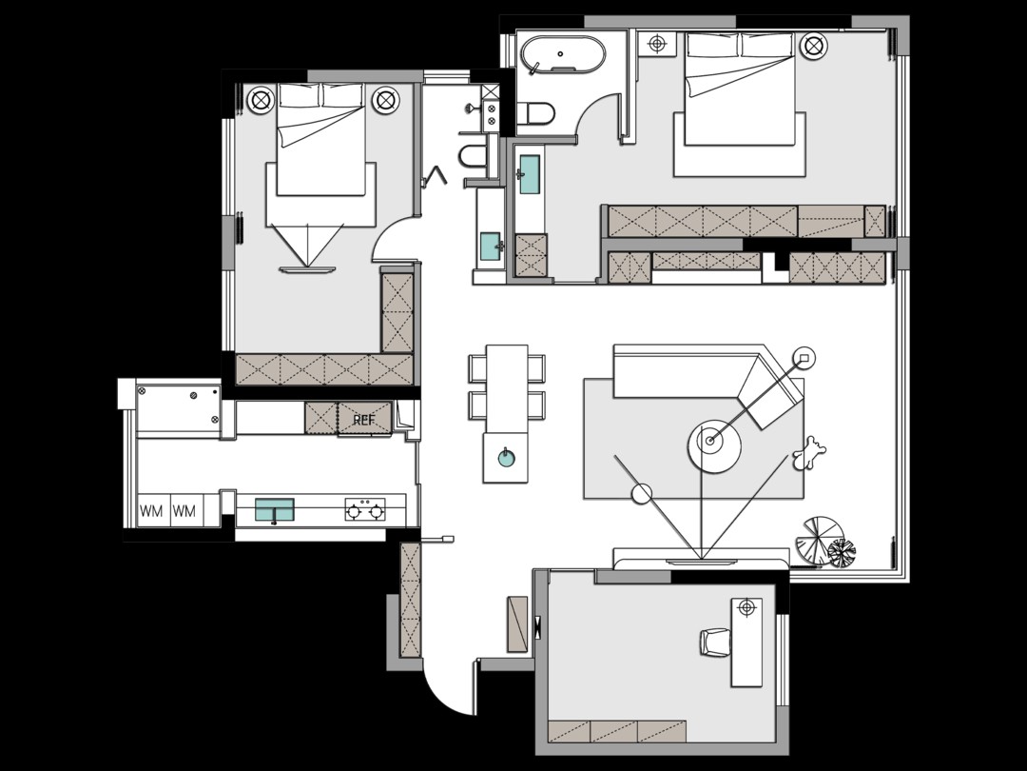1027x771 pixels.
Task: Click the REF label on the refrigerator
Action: [363, 420]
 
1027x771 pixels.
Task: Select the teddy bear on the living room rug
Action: [809, 453]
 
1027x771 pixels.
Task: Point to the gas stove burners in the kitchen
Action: [365, 509]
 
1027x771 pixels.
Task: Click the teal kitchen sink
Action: [275, 509]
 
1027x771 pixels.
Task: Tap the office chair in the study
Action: [714, 642]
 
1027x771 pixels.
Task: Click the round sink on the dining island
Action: [505, 457]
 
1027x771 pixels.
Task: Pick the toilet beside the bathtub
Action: [535, 113]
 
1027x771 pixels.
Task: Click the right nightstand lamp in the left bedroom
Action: [385, 100]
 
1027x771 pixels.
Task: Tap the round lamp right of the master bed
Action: [813, 46]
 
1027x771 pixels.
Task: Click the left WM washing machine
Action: [152, 510]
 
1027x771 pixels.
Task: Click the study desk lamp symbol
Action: [746, 607]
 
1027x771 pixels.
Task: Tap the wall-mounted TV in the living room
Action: [701, 562]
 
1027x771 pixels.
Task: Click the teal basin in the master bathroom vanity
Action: [530, 174]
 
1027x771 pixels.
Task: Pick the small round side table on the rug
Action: [643, 494]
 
